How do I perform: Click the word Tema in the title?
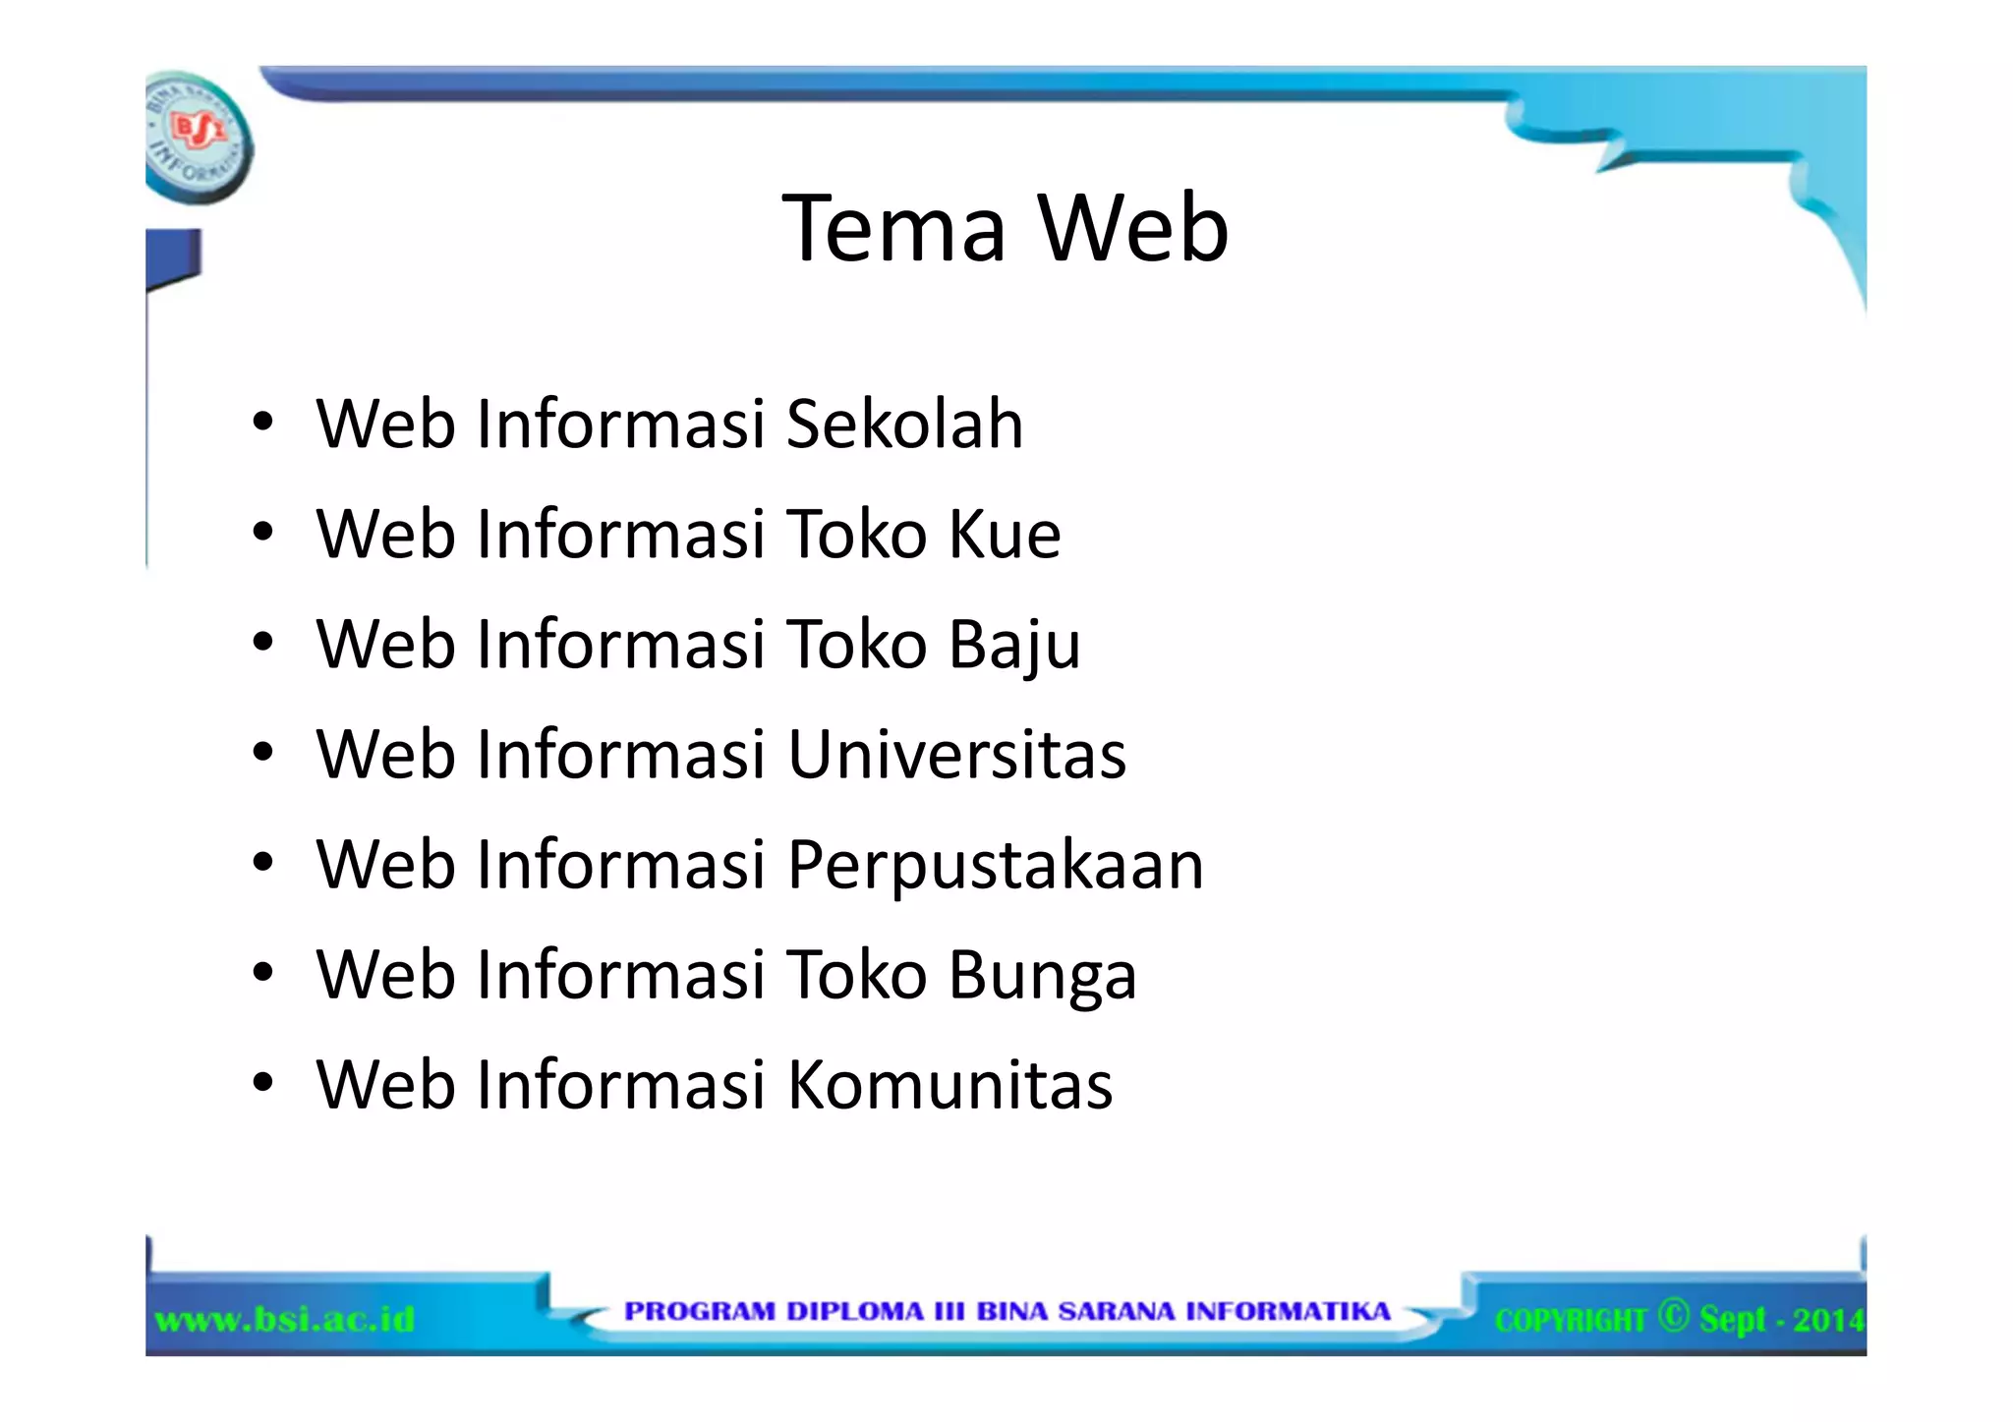click(893, 228)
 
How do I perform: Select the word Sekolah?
click(904, 425)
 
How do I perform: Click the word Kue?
click(1005, 535)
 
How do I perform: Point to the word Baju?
click(1014, 647)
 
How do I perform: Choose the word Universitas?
click(956, 755)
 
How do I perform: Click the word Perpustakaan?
click(995, 867)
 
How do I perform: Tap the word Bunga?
click(1042, 977)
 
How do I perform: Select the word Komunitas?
click(949, 1085)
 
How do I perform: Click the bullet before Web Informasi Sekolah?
click(261, 425)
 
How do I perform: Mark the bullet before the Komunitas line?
click(261, 1085)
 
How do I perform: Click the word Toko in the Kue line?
click(857, 535)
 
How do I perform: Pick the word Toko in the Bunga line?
click(857, 975)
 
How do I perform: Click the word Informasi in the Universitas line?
click(621, 755)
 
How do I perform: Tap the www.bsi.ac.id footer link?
click(285, 1318)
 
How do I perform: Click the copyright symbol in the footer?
click(1672, 1315)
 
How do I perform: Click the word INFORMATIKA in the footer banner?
click(1288, 1312)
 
